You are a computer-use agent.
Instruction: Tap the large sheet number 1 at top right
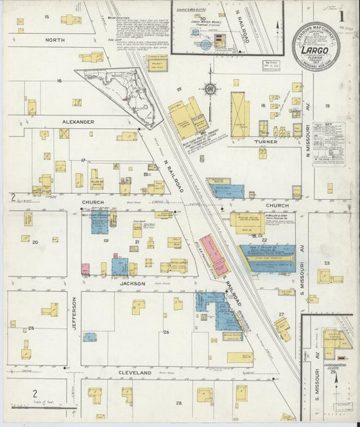[x=341, y=15]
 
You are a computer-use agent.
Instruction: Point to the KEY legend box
[x=328, y=143]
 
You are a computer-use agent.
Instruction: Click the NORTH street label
[x=55, y=40]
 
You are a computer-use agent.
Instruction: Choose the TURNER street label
[x=265, y=142]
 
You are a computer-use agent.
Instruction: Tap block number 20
[x=34, y=241]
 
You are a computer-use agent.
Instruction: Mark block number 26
[x=165, y=332]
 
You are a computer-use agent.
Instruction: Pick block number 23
[x=326, y=263]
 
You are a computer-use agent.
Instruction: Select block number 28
[x=179, y=403]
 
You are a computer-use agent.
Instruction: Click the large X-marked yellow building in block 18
[x=240, y=115]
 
